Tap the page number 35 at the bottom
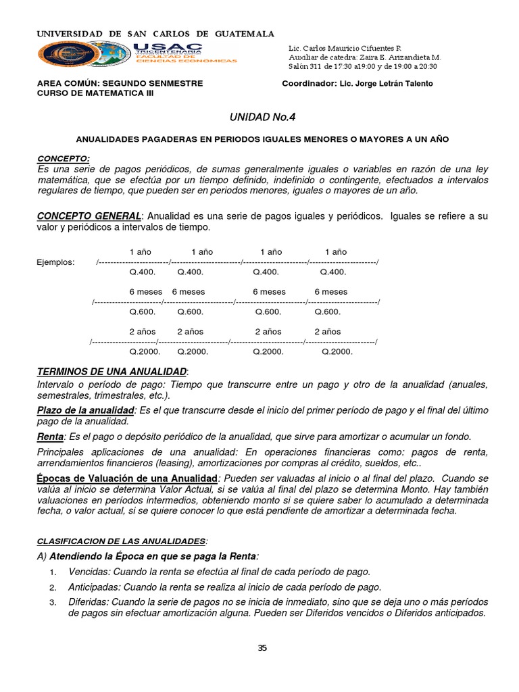[262, 648]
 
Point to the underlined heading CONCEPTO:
[64, 158]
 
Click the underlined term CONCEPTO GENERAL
[89, 215]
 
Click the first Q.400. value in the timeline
[143, 272]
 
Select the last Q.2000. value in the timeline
[337, 351]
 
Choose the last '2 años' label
[328, 332]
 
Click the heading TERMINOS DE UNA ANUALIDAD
[112, 372]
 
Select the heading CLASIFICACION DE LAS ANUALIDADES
[121, 541]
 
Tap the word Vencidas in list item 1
[88, 572]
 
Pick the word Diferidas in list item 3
[88, 601]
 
